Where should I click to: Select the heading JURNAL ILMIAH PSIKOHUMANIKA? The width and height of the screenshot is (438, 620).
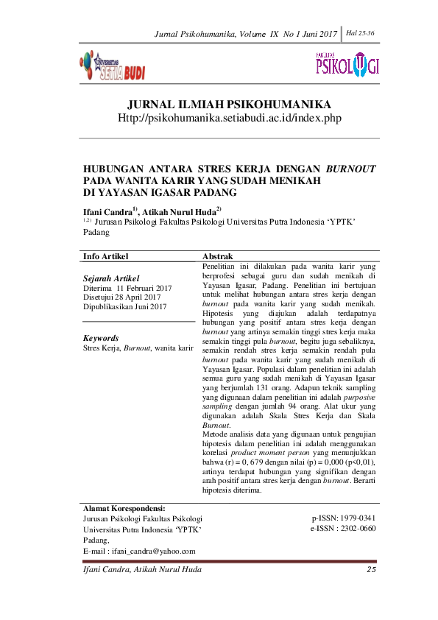point(229,105)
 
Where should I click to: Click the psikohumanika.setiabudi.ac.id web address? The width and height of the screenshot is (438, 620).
point(230,118)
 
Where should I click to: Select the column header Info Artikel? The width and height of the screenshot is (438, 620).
point(106,256)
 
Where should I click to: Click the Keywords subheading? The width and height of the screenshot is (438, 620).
point(101,338)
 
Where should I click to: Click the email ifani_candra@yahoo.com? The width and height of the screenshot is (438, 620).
point(151,551)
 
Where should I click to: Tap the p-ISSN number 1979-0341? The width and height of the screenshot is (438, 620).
point(357,518)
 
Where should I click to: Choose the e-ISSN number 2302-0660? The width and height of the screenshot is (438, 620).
point(357,529)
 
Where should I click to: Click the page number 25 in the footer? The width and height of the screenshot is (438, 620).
point(371,570)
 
